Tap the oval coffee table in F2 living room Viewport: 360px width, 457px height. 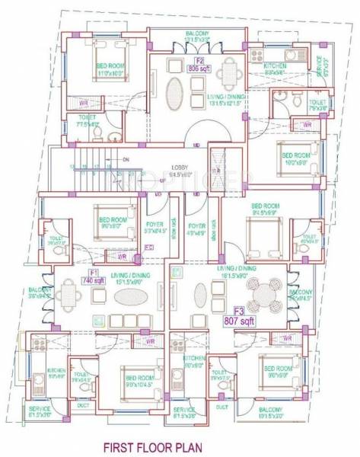(174, 90)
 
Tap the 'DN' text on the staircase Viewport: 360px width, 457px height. (126, 159)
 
